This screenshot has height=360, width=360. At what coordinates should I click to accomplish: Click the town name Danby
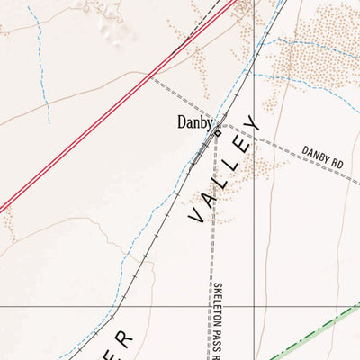coord(195,122)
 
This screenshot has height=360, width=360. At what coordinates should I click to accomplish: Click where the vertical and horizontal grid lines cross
coord(255,306)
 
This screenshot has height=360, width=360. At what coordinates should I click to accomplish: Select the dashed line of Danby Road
coord(297,158)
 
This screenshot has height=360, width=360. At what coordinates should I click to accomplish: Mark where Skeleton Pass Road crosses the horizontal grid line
coord(214,306)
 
